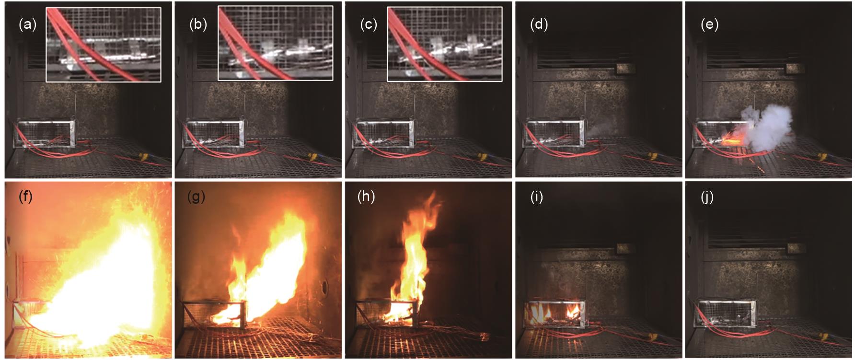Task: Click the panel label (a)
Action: coord(27,24)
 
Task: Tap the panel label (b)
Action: coord(198,24)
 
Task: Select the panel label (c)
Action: coord(368,24)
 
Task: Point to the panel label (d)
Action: coord(539,24)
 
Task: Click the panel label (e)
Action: coord(709,24)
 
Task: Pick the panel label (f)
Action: coord(25,197)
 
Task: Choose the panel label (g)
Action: coord(196,197)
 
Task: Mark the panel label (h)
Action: coord(366,197)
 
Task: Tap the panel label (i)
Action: coord(537,197)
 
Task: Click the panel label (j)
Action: coord(707,197)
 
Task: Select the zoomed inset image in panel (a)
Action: coord(104,44)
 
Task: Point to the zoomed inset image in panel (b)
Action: coord(275,43)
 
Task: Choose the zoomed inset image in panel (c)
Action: coord(445,44)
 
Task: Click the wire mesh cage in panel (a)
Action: coord(45,134)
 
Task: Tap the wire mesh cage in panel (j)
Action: coord(727,314)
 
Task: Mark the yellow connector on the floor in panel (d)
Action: coord(653,156)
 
